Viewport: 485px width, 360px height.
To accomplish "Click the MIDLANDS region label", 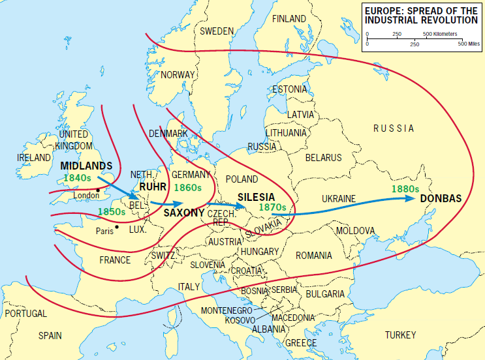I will click(86, 166).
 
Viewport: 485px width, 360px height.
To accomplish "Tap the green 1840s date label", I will click(77, 177).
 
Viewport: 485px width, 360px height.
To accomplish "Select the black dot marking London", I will click(98, 190).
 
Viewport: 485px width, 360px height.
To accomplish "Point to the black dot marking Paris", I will click(116, 227).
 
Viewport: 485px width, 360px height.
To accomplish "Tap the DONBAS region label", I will click(441, 199).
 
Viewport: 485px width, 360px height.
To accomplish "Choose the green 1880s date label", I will click(405, 189).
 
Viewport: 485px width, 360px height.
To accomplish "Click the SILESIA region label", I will click(256, 196).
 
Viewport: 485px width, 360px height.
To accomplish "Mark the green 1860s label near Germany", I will click(188, 187).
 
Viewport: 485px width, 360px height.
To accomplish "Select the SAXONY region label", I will click(184, 213).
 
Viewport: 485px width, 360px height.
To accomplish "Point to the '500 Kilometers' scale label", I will click(441, 33).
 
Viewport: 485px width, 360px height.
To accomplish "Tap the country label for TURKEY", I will click(400, 335).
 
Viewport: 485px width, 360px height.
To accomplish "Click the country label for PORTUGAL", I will click(25, 313).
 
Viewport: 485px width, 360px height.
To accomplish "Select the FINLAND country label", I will click(289, 18).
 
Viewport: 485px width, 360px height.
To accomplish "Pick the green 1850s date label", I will click(112, 211).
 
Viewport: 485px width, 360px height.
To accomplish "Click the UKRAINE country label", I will click(339, 198).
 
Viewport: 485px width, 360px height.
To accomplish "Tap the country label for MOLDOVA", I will click(355, 231).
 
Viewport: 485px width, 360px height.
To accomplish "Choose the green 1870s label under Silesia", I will click(272, 207).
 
